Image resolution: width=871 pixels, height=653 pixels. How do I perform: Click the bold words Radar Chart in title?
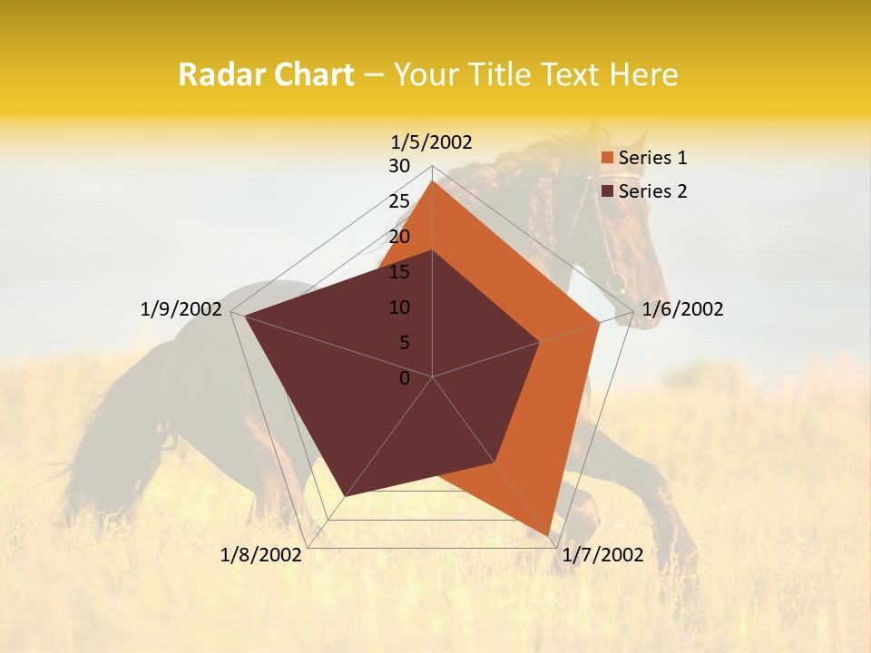(x=266, y=75)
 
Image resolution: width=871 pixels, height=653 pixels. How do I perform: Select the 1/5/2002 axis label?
(x=431, y=141)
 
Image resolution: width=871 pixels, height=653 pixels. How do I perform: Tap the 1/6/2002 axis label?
(x=682, y=309)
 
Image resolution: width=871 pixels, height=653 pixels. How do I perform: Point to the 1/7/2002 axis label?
(x=602, y=555)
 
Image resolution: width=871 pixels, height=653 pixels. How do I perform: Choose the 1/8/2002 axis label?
(x=261, y=555)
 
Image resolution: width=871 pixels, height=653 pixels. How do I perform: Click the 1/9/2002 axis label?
(x=181, y=309)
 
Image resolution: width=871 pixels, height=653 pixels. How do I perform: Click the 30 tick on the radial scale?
(x=399, y=166)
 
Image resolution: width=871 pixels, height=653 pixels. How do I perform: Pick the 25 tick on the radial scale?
(x=399, y=201)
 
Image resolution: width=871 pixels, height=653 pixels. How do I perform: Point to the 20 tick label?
(x=399, y=237)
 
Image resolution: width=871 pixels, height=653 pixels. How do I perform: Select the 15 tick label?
(x=399, y=272)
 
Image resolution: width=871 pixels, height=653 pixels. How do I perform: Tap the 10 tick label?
(x=399, y=307)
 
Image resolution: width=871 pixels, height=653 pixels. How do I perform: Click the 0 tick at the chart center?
(x=405, y=378)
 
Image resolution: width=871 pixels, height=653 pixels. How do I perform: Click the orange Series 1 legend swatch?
(x=608, y=158)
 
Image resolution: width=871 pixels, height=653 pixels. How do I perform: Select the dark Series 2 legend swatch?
(x=608, y=191)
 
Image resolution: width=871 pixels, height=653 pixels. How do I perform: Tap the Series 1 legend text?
(x=652, y=158)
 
